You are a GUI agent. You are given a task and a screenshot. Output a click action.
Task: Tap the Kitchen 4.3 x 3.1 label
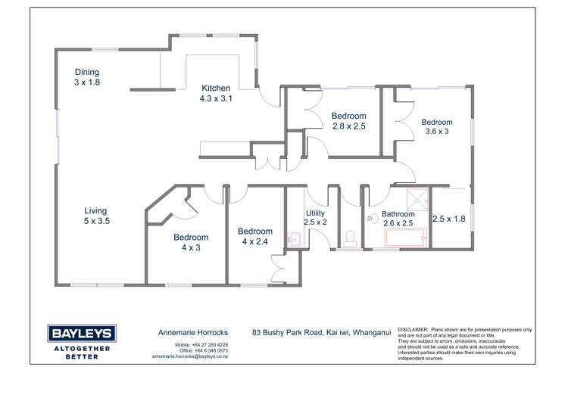(215, 93)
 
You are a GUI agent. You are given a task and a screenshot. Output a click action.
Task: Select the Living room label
(95, 216)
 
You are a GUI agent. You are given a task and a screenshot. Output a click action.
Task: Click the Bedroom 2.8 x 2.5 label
(348, 121)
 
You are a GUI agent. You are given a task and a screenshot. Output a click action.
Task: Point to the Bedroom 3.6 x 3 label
(437, 126)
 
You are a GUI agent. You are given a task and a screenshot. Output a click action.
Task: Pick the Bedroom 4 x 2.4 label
(254, 236)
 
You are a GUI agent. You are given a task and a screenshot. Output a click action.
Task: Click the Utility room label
(315, 218)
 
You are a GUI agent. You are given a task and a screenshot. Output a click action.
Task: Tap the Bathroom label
(398, 219)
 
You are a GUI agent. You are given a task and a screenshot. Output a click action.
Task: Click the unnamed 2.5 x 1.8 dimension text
(448, 219)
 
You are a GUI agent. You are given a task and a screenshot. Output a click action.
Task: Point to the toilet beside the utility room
(350, 239)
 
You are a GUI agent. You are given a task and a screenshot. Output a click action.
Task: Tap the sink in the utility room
(295, 241)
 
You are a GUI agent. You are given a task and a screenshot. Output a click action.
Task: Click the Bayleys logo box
(81, 334)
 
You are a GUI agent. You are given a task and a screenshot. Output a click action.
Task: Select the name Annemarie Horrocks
(189, 332)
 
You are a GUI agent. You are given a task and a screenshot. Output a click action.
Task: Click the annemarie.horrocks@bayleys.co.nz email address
(190, 356)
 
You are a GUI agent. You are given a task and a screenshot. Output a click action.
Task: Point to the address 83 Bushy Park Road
(291, 332)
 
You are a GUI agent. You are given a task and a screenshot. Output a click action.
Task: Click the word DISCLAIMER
(412, 331)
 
